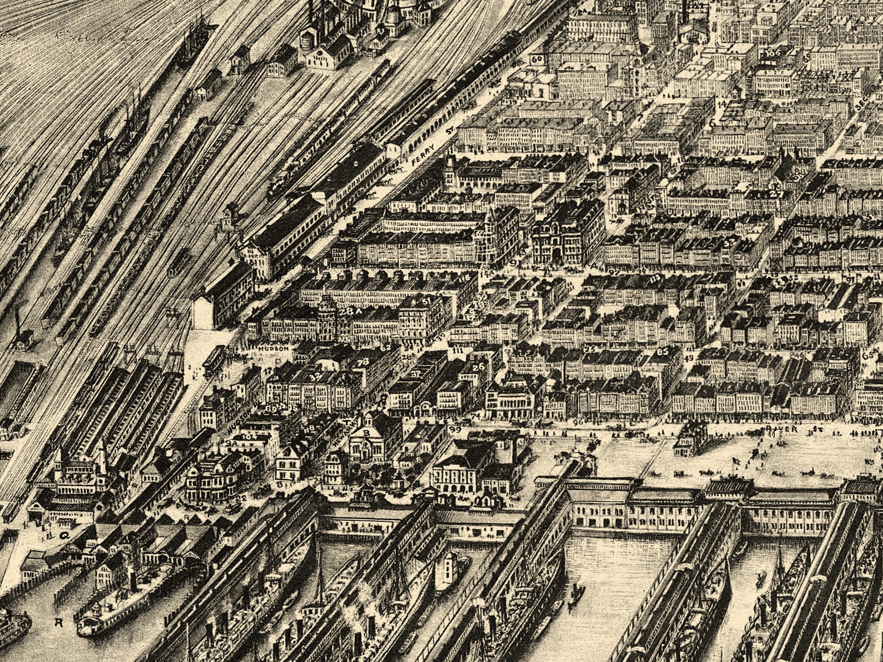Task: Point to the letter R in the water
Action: click(58, 622)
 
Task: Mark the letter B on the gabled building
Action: click(366, 432)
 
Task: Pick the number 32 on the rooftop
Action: click(316, 376)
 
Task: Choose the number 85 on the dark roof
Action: click(662, 351)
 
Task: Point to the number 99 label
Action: click(455, 430)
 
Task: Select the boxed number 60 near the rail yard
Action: click(537, 59)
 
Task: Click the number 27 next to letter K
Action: click(777, 193)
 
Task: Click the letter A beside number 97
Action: click(594, 266)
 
